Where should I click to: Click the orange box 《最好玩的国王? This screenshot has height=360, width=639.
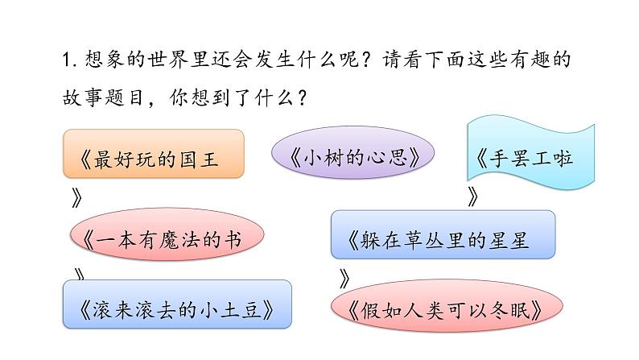coord(152,154)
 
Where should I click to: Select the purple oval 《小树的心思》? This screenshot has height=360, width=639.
coord(352,156)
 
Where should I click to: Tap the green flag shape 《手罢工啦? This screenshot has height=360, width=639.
coord(530,151)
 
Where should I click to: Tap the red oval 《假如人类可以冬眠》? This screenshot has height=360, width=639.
coord(443,310)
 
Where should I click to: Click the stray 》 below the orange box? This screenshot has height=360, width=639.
coord(77,195)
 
